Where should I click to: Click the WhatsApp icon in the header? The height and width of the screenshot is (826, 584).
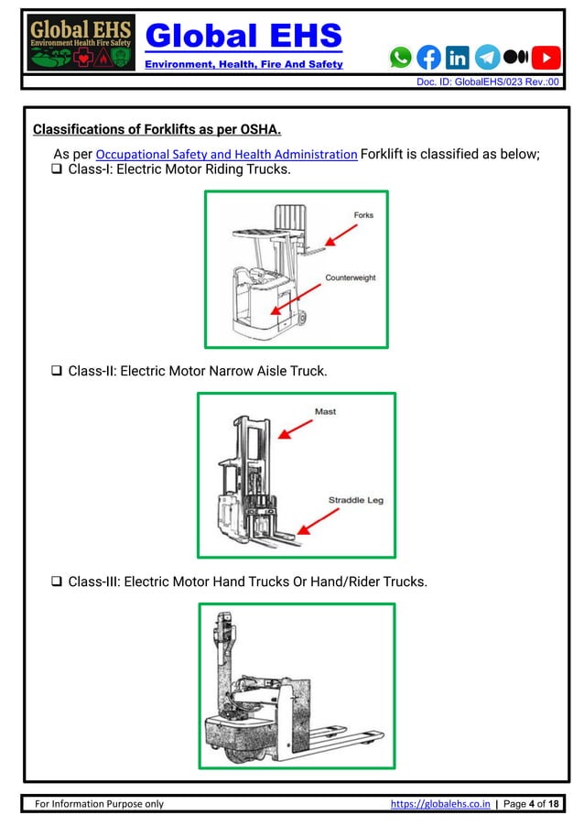pos(401,58)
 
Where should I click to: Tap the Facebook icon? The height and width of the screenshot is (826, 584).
pos(428,58)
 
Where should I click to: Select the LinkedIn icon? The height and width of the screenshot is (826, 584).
pos(457,58)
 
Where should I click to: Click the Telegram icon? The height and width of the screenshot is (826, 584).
pos(487,58)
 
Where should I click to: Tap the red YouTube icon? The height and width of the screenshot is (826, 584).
pos(546,58)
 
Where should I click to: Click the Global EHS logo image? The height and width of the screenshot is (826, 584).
pos(81,43)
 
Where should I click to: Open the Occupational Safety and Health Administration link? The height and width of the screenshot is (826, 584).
pos(226,154)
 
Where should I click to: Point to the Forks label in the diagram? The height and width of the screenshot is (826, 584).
pos(363,215)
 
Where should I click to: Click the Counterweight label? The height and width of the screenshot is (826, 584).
pos(350,277)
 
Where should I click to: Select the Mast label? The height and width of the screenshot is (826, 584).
pos(325,412)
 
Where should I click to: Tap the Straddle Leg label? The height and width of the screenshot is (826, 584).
pos(355,501)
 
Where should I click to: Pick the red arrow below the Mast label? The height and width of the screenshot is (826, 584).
pos(294,428)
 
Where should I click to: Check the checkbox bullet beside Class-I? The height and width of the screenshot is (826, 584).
pos(57,170)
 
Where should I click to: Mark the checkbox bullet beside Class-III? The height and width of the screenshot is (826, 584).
pos(57,581)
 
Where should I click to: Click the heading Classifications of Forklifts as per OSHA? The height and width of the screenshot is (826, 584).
pos(157,128)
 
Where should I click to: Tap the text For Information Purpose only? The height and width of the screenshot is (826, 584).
pos(99,804)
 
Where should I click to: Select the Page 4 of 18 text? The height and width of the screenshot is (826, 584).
pos(531,804)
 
